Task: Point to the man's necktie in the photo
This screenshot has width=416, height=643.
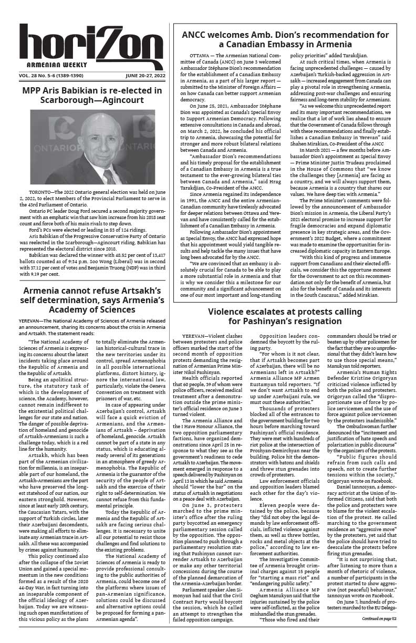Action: click(109, 176)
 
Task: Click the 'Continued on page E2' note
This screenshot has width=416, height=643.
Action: click(381, 619)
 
